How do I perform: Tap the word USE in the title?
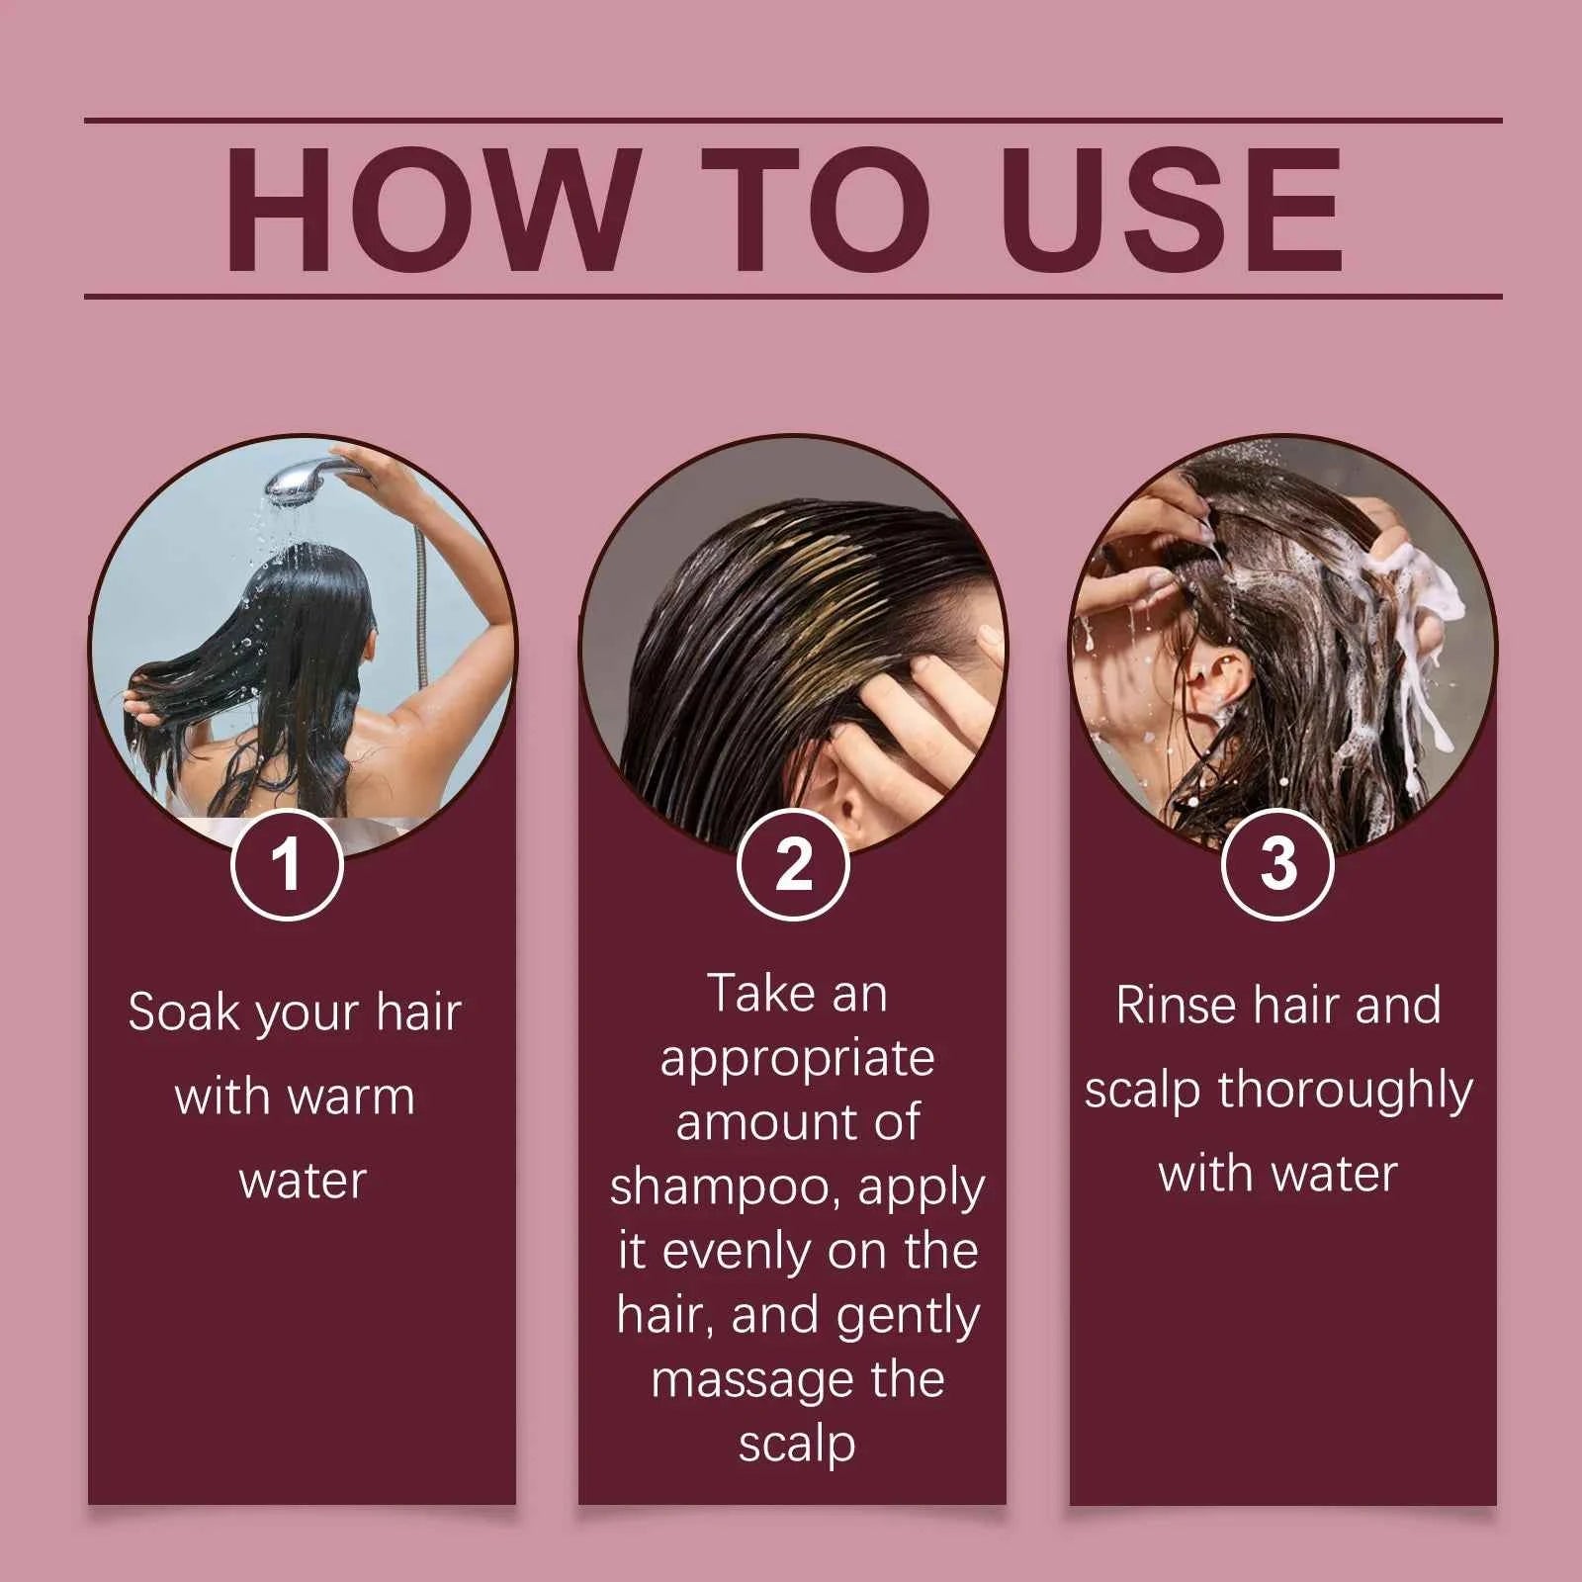coord(1176,210)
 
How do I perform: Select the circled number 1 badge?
coord(287,864)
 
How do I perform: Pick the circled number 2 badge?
coord(793,864)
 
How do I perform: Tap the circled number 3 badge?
coord(1277,864)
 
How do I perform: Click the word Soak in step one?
coord(184,1012)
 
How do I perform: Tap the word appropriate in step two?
coord(797,1059)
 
